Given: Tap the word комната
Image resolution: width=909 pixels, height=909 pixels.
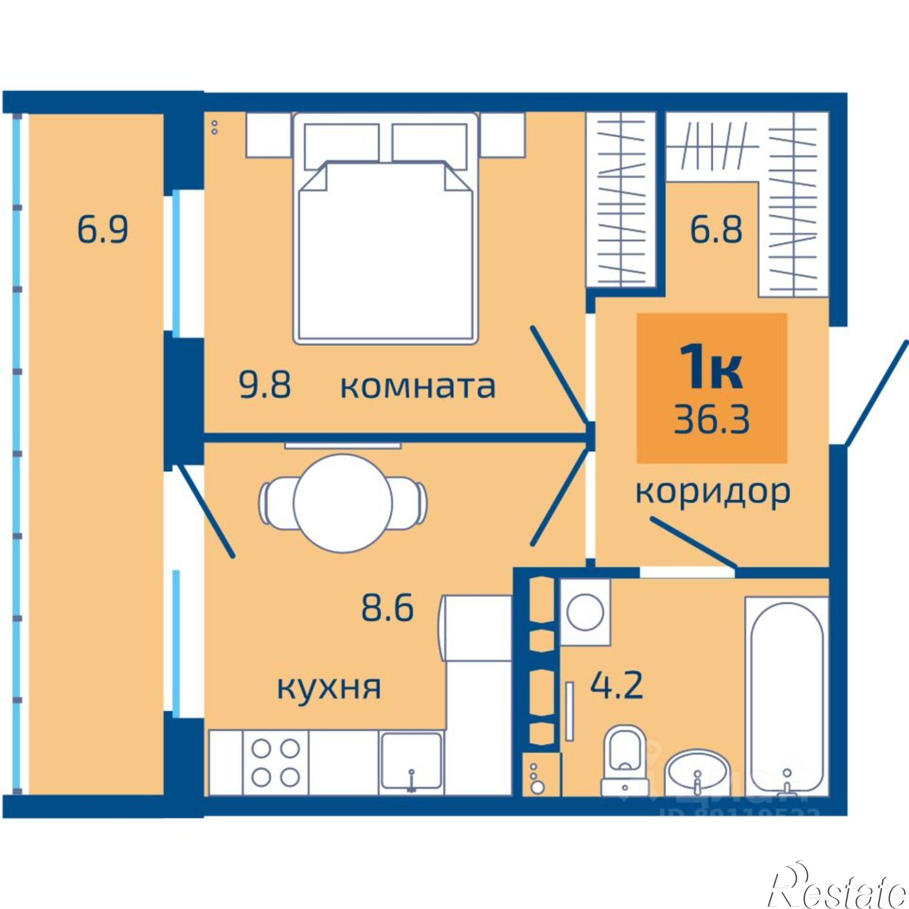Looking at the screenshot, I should [x=418, y=387].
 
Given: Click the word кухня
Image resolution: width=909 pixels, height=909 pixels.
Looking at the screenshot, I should [x=329, y=687].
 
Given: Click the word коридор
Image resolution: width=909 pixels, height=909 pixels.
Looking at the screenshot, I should [x=713, y=493].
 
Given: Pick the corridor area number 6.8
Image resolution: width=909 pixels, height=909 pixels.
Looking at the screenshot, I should [x=716, y=229].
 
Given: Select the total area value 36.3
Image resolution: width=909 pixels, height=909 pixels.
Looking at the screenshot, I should [x=712, y=420].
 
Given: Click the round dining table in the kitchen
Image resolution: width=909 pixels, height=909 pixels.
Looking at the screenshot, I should [x=343, y=502].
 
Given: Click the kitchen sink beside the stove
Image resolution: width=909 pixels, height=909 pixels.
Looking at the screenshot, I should [x=411, y=761].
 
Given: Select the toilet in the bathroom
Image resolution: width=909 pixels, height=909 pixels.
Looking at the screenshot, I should [x=625, y=762].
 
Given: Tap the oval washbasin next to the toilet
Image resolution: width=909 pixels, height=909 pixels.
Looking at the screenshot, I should [x=697, y=775].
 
